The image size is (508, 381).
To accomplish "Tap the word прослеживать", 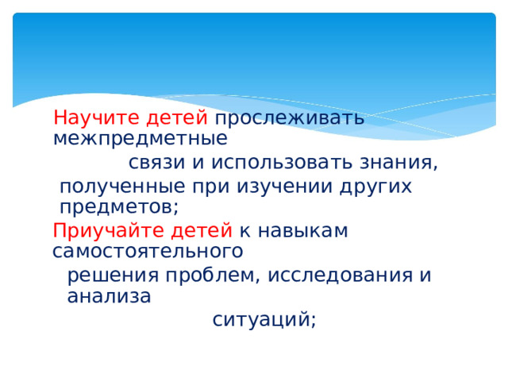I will coord(290,118).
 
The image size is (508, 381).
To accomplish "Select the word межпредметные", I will coord(140,139).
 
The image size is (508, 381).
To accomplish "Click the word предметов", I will coord(119,207).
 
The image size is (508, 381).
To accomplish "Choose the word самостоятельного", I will coord(148,252).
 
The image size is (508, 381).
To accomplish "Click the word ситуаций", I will coord(264,320).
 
